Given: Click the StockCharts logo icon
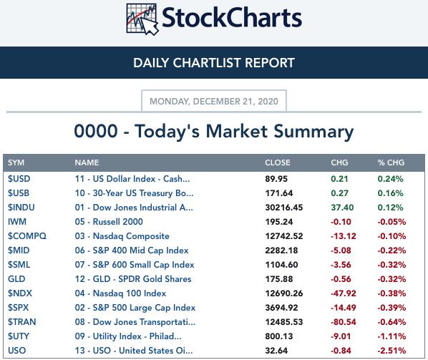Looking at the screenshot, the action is [142, 19].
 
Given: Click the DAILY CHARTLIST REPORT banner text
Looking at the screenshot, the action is [214, 63].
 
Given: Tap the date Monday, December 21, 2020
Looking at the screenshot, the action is [214, 101].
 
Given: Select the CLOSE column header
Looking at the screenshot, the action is [277, 162].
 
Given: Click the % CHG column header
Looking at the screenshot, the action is [391, 162].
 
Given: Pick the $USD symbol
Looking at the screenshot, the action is [19, 179].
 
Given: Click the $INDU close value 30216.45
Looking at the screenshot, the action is [284, 208].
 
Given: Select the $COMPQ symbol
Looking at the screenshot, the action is [27, 236].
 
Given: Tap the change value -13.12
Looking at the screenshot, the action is [344, 236].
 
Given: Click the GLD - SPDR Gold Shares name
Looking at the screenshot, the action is [133, 279].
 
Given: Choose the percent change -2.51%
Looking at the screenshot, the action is [391, 351].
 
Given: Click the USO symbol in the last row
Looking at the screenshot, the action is [16, 351].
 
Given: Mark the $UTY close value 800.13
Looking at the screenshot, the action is [278, 336].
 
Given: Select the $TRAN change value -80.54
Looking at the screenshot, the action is [344, 322].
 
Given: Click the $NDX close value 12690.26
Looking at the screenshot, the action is [284, 293].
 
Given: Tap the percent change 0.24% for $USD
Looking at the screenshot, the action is [390, 179].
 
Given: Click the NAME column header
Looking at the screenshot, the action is [87, 162].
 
